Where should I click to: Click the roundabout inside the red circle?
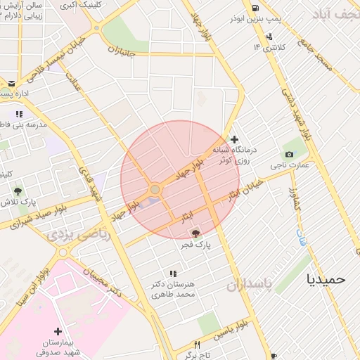[155, 189]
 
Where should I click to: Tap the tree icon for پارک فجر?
[195, 232]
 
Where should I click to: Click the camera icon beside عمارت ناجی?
[289, 155]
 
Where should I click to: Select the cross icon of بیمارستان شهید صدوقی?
[58, 330]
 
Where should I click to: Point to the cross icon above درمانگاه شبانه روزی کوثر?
[235, 140]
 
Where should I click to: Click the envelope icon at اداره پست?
[11, 84]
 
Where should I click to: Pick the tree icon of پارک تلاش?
[18, 191]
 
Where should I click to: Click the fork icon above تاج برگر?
[197, 345]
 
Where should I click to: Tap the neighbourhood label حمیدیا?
[326, 278]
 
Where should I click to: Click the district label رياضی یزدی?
[79, 236]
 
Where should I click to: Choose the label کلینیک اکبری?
[82, 5]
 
